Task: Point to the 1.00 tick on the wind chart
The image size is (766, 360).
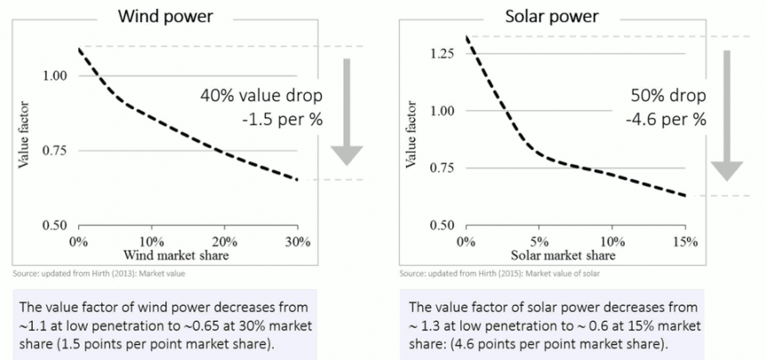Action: [55, 76]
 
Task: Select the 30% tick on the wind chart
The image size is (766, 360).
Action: [298, 242]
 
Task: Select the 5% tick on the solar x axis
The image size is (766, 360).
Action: [539, 242]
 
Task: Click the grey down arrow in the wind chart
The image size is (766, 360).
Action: [347, 111]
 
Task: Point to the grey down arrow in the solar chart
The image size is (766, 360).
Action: [727, 116]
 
